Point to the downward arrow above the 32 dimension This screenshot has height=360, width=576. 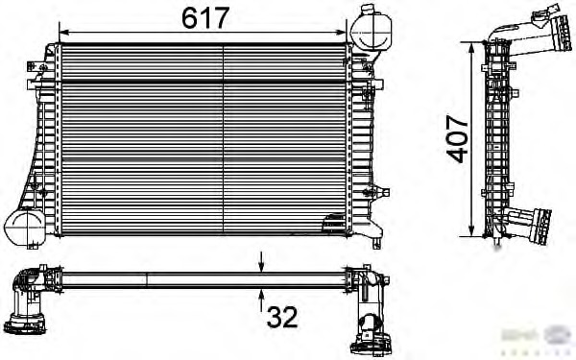262,260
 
